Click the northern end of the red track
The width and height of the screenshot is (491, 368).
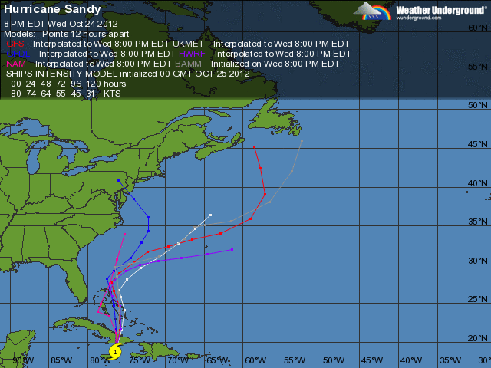click(254, 146)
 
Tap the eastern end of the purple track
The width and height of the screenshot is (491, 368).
click(232, 249)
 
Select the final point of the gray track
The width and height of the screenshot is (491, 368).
click(302, 141)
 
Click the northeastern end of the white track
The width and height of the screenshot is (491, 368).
click(210, 215)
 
